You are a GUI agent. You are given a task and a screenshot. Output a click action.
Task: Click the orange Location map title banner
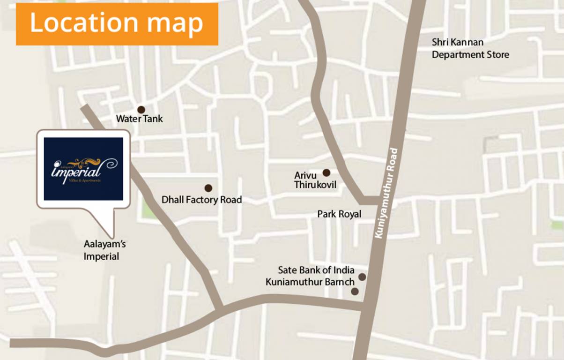117,24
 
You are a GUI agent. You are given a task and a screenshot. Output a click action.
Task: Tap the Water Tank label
139,119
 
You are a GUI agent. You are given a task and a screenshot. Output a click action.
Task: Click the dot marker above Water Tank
141,110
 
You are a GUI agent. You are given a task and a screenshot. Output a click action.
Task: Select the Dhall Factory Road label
201,200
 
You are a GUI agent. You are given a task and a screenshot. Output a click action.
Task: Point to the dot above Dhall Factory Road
208,188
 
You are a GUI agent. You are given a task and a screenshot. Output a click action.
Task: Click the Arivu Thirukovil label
315,180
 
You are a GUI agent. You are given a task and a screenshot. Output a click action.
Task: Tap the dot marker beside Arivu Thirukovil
327,172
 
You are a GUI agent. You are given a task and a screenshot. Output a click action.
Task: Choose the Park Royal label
339,214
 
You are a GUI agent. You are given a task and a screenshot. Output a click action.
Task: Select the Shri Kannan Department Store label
470,49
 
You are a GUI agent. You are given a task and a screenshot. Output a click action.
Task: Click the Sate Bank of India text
316,270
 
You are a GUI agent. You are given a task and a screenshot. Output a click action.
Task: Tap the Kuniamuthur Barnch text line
310,282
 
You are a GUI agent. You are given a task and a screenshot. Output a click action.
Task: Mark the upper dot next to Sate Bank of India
362,277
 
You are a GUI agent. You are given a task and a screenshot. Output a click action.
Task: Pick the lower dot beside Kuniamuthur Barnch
355,292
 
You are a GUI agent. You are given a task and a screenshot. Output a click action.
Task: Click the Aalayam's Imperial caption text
104,250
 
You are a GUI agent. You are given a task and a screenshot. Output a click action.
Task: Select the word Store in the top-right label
497,55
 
